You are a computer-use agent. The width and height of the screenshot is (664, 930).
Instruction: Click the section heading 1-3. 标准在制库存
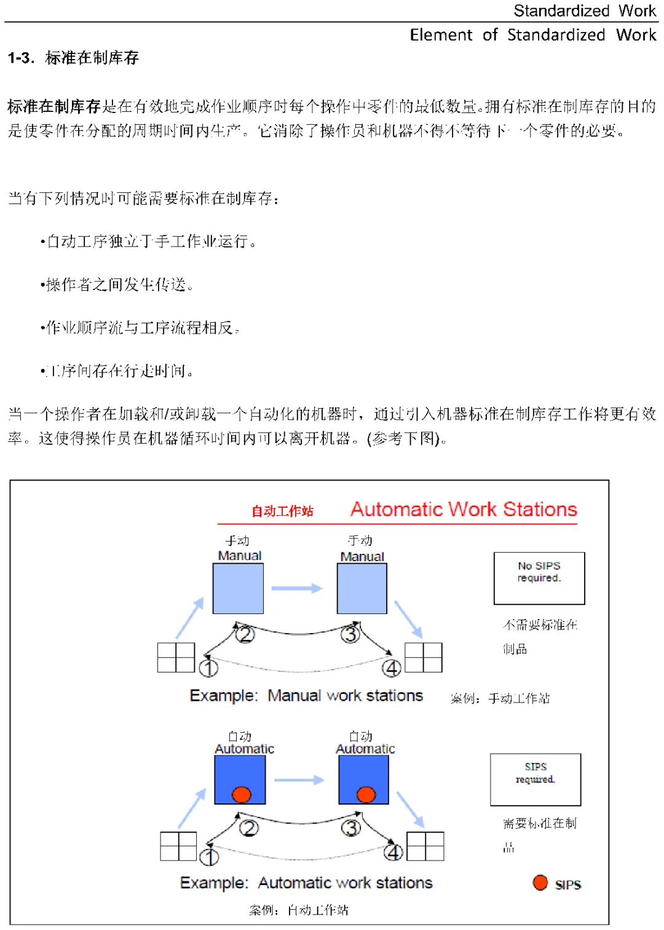point(73,58)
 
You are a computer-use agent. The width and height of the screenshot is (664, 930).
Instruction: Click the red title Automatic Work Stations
point(464,509)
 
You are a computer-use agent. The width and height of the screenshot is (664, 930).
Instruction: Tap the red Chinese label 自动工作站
point(282,511)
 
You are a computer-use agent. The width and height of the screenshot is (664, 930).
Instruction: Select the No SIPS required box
point(539,578)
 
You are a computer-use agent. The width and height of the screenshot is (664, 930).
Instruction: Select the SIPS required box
point(536,779)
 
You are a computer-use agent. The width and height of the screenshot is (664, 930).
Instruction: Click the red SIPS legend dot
point(540,883)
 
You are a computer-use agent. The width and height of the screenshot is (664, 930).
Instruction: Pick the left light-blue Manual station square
point(238,588)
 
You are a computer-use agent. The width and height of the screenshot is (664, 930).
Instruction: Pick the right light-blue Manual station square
point(362,588)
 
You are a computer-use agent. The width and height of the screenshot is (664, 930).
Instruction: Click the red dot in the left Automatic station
point(242,794)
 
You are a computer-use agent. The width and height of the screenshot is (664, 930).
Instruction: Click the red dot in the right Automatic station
point(366,794)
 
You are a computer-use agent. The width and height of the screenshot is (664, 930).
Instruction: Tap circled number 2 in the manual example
point(245,634)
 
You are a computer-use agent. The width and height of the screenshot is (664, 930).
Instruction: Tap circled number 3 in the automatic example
point(351,828)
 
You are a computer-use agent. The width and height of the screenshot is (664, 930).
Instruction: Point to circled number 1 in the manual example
point(208,668)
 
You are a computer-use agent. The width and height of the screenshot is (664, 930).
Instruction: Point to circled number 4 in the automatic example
point(393,853)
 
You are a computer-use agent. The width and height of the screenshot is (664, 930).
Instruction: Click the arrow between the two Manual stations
point(297,588)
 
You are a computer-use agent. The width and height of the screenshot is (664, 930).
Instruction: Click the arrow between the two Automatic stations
point(299,780)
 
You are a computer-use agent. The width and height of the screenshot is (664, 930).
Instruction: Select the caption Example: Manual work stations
point(306,696)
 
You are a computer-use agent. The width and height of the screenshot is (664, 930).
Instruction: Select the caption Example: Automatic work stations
point(306,883)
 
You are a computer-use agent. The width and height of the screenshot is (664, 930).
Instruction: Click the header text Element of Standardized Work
point(533,35)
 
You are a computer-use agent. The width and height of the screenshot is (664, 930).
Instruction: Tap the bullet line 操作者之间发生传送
point(117,285)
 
